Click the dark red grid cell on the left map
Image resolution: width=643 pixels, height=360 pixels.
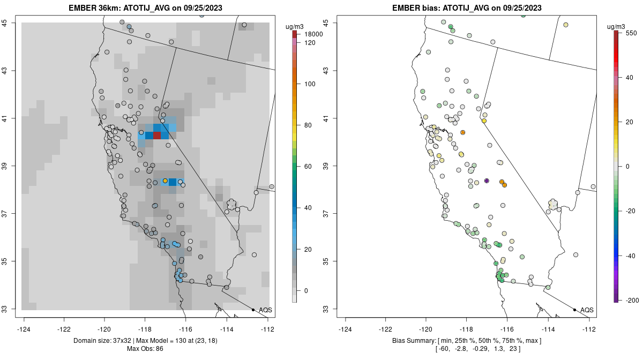pos(156,135)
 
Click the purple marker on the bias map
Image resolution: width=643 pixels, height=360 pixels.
pos(487,181)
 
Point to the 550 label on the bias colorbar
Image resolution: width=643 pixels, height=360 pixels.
pos(631,33)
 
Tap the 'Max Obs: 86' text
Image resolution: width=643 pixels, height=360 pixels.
pos(146,349)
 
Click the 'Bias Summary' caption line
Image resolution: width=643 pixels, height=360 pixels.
pos(467,341)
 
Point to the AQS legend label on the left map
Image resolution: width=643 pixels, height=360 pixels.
pos(265,310)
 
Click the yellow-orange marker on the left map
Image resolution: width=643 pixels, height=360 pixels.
pos(165,181)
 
